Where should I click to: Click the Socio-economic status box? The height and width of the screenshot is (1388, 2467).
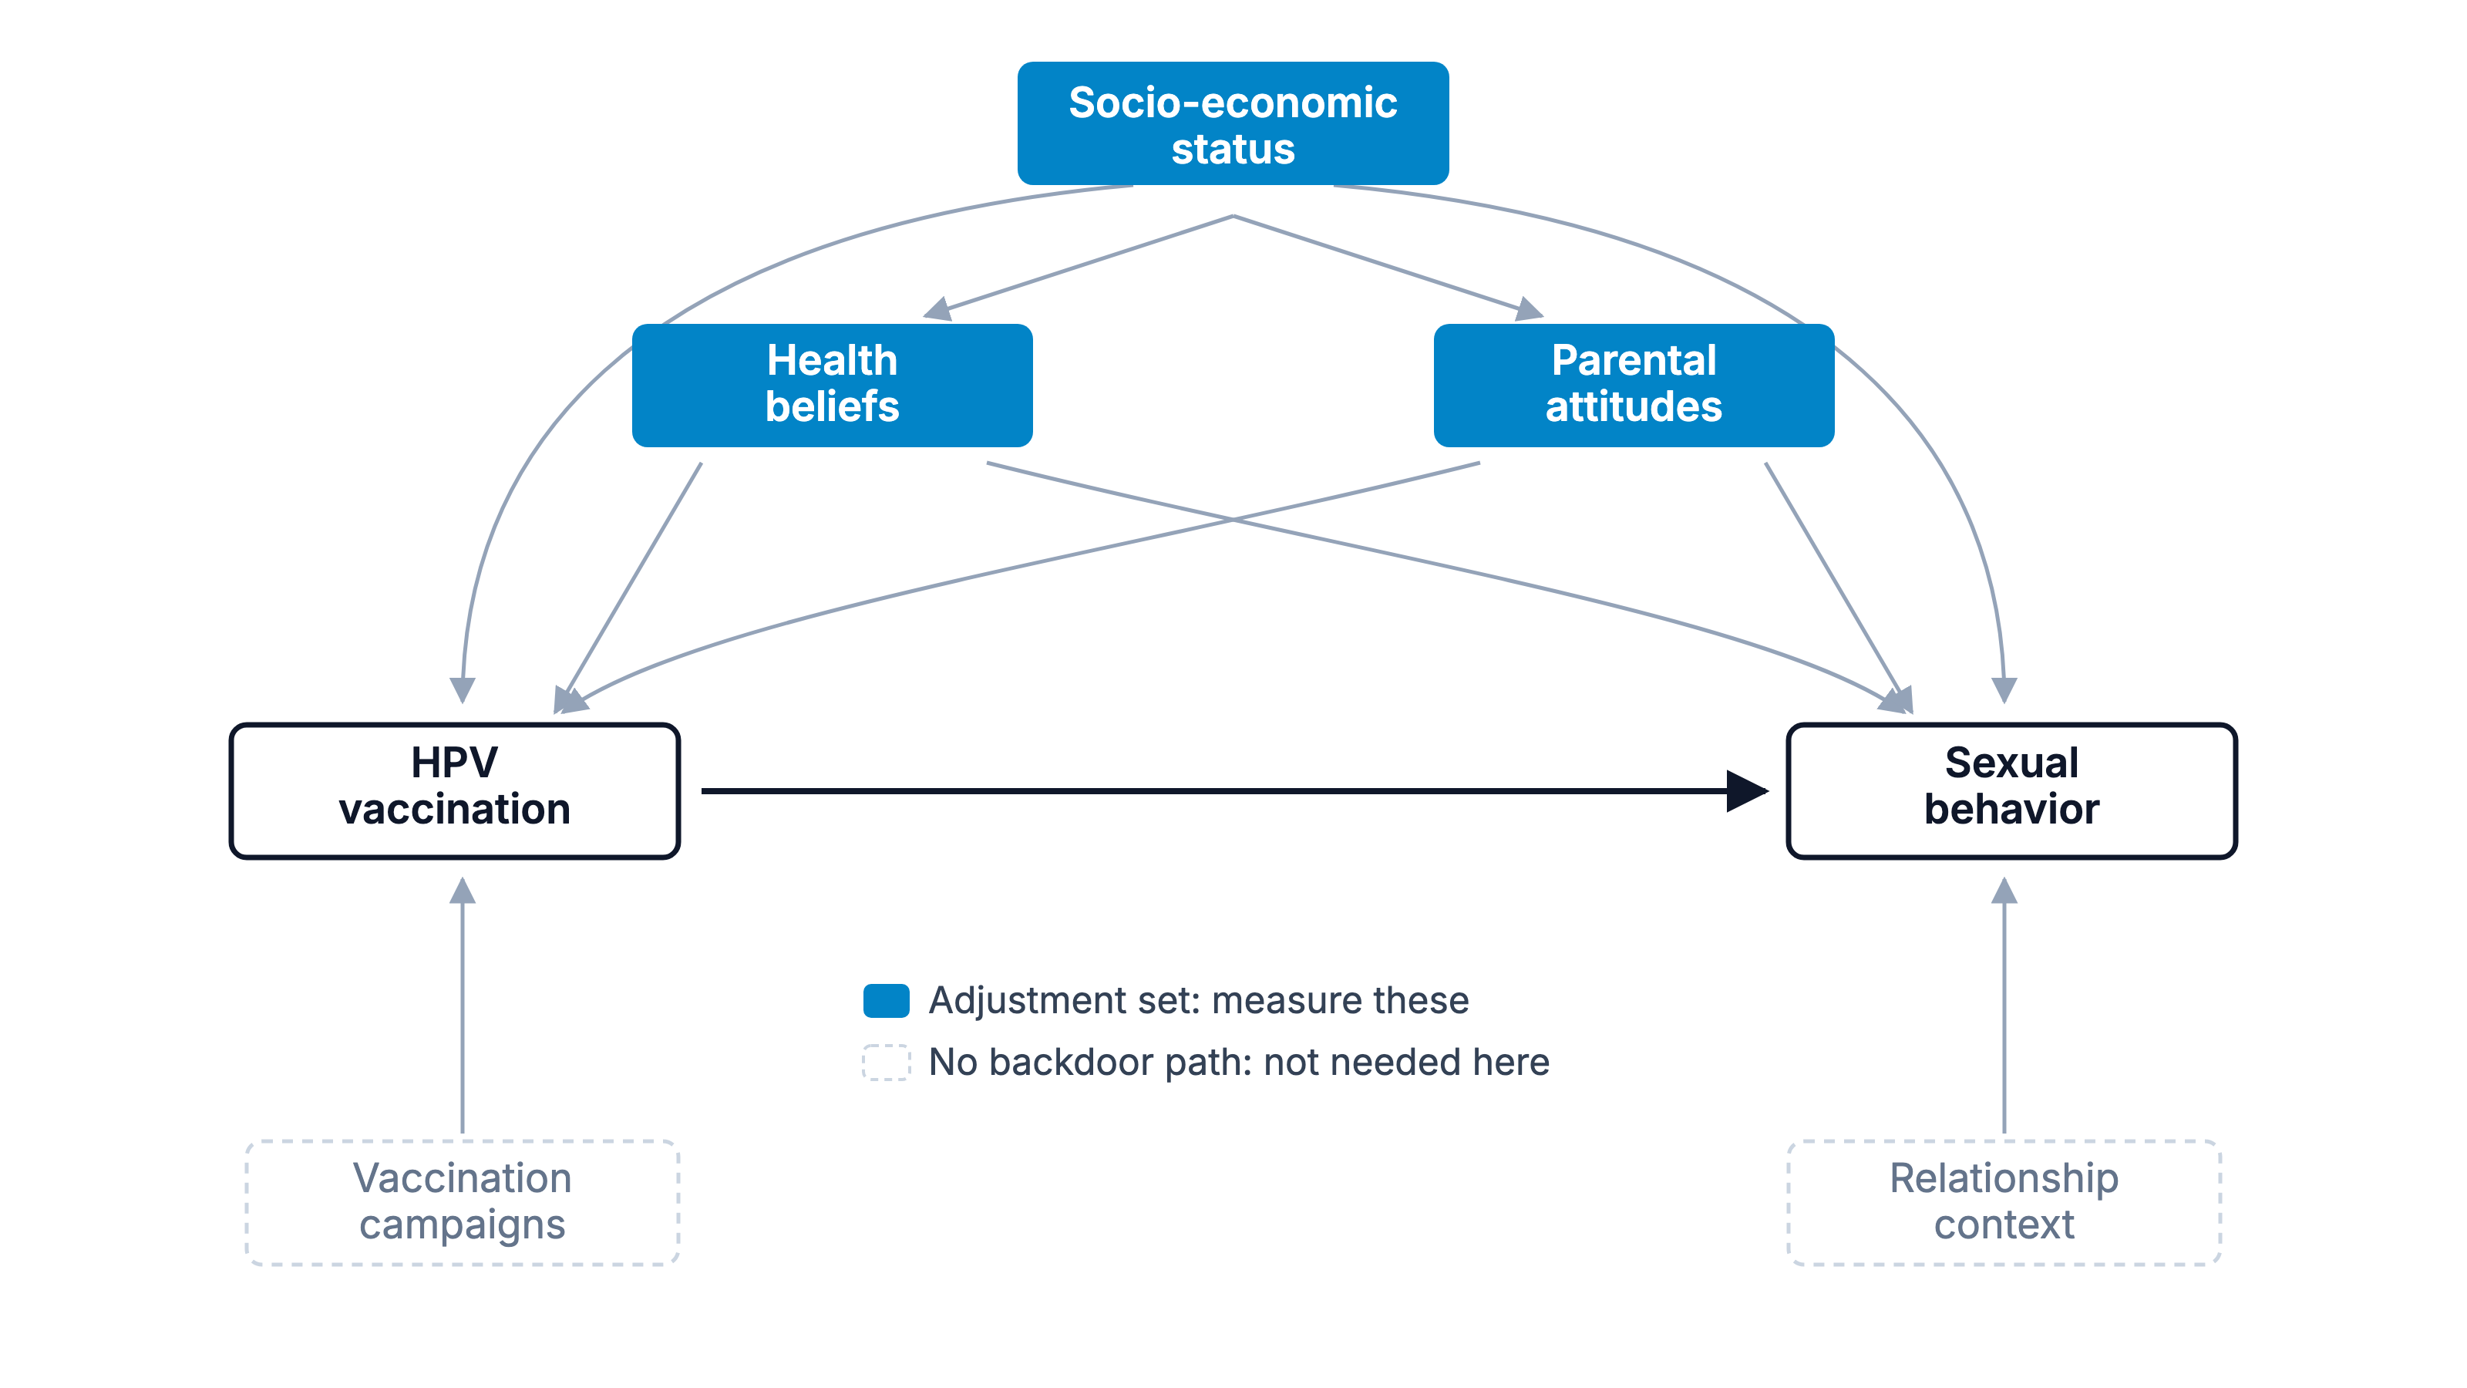tap(1233, 123)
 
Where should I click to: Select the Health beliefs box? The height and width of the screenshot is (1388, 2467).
tap(833, 385)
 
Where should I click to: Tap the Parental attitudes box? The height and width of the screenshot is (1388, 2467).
tap(1634, 385)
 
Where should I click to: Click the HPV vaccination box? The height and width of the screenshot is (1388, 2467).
tap(455, 791)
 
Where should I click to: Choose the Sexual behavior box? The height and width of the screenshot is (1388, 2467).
tap(2012, 791)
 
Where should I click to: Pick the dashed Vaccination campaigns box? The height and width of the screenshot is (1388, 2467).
tap(463, 1202)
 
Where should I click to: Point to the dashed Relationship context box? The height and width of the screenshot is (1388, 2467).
tap(2004, 1202)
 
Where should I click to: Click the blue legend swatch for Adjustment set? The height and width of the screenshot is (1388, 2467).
tap(886, 1000)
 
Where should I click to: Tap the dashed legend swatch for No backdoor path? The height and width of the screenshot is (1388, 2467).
tap(886, 1063)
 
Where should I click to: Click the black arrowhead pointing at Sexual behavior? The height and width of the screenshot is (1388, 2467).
tap(1748, 791)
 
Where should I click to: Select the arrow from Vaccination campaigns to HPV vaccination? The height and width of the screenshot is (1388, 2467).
tap(463, 1006)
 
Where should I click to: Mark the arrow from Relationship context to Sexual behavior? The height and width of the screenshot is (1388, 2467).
tap(2004, 1006)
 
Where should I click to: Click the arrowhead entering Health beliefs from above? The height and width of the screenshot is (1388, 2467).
tap(937, 308)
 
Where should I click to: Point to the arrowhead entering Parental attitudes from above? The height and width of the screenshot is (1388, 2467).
tap(1529, 308)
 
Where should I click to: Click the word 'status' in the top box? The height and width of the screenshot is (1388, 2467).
tap(1233, 150)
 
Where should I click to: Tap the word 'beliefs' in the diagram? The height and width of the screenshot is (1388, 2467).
tap(833, 407)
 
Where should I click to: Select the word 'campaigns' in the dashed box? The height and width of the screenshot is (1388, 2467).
tap(463, 1226)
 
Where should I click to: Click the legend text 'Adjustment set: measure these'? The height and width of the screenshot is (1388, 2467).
tap(1199, 1000)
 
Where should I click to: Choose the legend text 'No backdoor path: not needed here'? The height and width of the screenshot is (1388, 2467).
tap(1239, 1063)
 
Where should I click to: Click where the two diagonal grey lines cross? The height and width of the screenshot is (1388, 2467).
tap(1233, 520)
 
